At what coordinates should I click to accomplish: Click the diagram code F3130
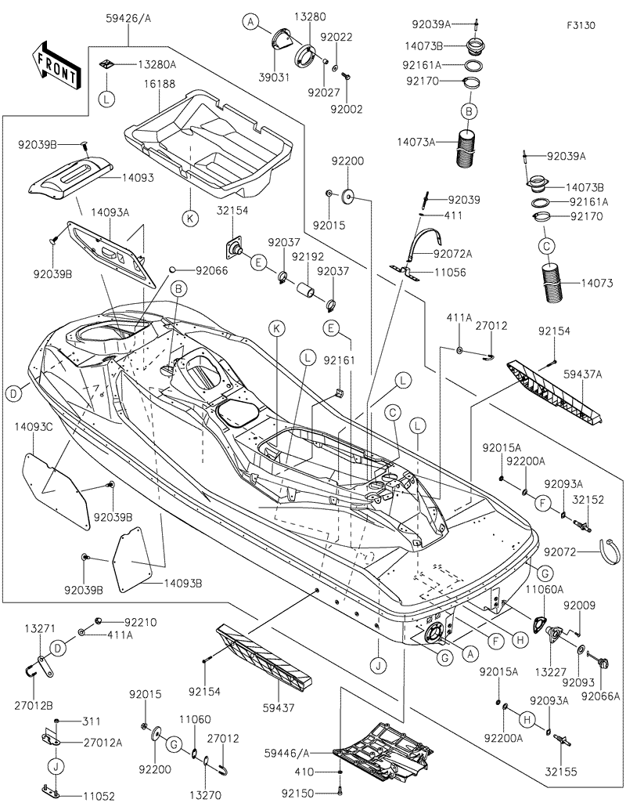pyautogui.click(x=581, y=25)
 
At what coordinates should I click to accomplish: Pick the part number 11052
pyautogui.click(x=99, y=796)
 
